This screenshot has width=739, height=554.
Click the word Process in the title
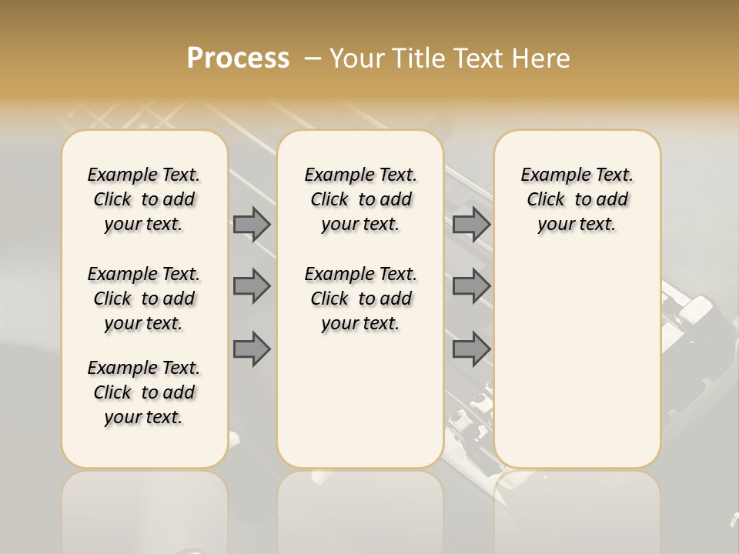(x=238, y=58)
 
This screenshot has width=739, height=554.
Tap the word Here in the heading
(x=541, y=58)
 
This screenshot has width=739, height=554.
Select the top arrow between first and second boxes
(x=252, y=225)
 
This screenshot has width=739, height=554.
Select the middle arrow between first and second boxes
(x=252, y=286)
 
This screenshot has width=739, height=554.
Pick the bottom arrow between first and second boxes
(x=252, y=349)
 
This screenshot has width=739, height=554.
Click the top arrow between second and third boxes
(x=471, y=225)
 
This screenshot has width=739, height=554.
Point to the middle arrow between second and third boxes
(x=471, y=286)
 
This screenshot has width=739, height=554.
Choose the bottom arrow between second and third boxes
(x=471, y=349)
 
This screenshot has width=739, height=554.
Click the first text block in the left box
(x=144, y=199)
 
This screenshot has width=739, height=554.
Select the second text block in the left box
(x=144, y=299)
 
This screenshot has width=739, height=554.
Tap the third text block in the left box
(x=144, y=392)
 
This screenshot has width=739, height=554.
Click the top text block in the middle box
(x=360, y=199)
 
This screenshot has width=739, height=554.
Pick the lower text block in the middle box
(x=360, y=299)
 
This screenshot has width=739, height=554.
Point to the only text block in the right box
(x=577, y=199)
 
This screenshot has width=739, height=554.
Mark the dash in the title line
(x=313, y=58)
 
